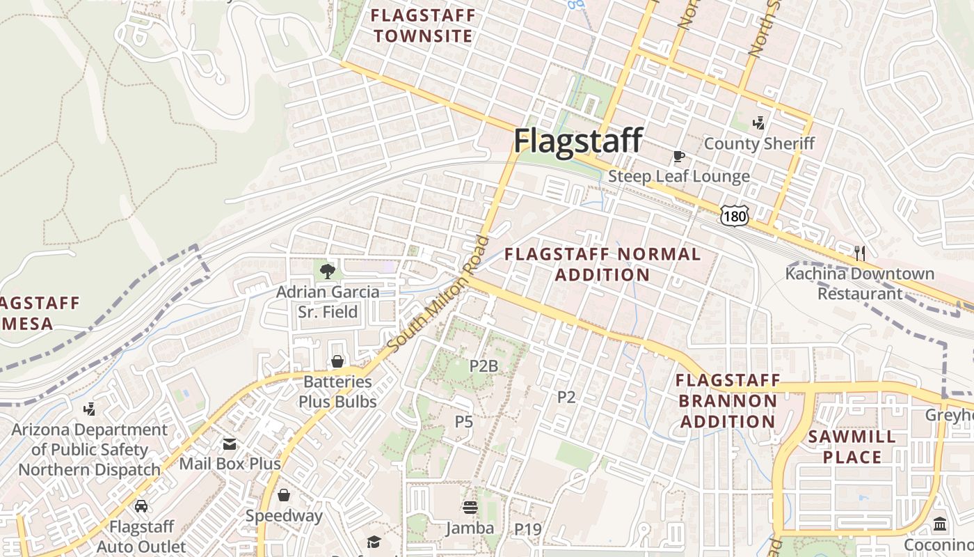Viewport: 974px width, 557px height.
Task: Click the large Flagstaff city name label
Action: click(577, 141)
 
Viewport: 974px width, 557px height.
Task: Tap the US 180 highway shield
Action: click(735, 217)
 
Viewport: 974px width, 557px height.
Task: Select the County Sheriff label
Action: click(759, 143)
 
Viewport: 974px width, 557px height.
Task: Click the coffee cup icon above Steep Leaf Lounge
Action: click(678, 156)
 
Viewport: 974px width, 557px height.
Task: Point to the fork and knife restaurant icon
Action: click(860, 253)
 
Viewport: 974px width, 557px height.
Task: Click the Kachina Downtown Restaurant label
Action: click(860, 283)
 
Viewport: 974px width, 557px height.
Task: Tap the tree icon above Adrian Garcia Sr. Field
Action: click(327, 271)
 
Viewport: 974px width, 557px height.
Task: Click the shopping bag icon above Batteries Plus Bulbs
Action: click(337, 361)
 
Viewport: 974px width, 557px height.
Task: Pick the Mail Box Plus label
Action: click(230, 464)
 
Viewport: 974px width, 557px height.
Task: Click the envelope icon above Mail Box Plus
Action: click(229, 444)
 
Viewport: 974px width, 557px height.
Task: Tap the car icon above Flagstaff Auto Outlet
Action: click(141, 506)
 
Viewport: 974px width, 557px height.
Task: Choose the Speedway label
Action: click(284, 516)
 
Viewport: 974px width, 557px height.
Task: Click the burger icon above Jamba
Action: click(470, 508)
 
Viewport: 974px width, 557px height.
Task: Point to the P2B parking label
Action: click(484, 366)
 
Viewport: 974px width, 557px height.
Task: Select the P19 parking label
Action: click(528, 530)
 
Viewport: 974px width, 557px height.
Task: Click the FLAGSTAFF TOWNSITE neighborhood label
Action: click(423, 26)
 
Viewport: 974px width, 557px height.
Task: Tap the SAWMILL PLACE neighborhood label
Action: click(852, 447)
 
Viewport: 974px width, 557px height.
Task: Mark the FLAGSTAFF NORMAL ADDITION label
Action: click(602, 264)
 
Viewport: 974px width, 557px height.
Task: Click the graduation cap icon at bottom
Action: click(374, 542)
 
